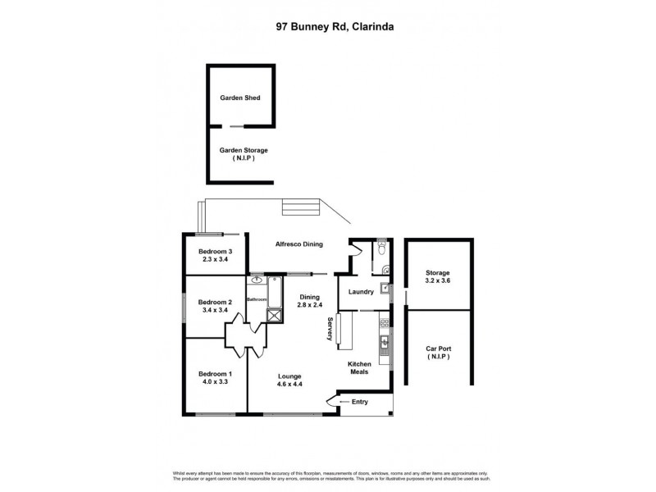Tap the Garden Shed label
[x=239, y=98]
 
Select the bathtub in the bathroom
[x=257, y=281]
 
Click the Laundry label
[x=361, y=291]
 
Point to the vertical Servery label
[x=330, y=327]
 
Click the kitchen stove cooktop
[x=383, y=321]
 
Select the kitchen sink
[x=383, y=342]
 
